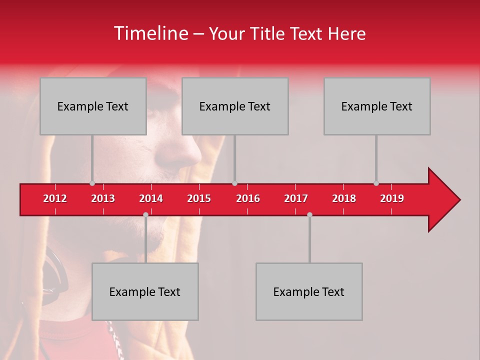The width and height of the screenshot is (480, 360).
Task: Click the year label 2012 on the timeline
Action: (55, 198)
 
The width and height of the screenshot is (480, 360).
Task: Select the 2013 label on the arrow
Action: (103, 198)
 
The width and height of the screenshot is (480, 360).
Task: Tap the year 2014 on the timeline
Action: (151, 198)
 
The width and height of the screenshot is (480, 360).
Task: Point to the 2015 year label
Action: (199, 198)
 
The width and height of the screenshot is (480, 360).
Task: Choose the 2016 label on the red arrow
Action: (248, 198)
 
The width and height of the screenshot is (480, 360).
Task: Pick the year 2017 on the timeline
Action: (296, 198)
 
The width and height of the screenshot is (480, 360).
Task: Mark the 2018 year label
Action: (344, 198)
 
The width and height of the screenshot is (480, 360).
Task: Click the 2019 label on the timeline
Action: (392, 198)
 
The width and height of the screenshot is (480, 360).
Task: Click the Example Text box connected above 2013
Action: (93, 106)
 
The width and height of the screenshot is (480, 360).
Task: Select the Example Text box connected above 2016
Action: (235, 106)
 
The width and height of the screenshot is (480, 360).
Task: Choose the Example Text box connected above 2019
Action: (377, 106)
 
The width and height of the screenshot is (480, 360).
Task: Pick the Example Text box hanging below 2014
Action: (145, 291)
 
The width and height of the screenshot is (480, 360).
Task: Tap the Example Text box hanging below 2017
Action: (309, 291)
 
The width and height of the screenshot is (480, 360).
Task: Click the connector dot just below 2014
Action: (145, 214)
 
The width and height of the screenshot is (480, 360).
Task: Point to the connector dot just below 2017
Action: (309, 214)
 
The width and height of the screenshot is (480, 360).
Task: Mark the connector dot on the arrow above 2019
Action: (376, 183)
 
